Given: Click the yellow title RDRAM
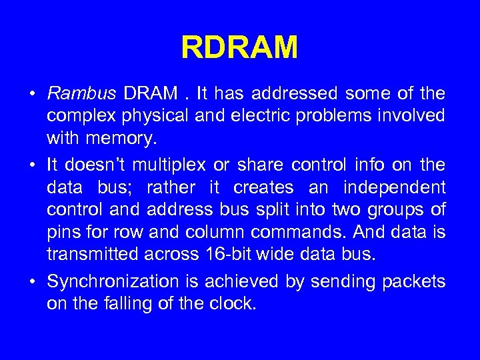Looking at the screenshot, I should point(239,48).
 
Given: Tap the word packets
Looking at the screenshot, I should point(413,282).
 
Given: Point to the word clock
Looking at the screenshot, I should point(235,304).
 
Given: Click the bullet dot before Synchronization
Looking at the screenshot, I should point(33,282).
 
